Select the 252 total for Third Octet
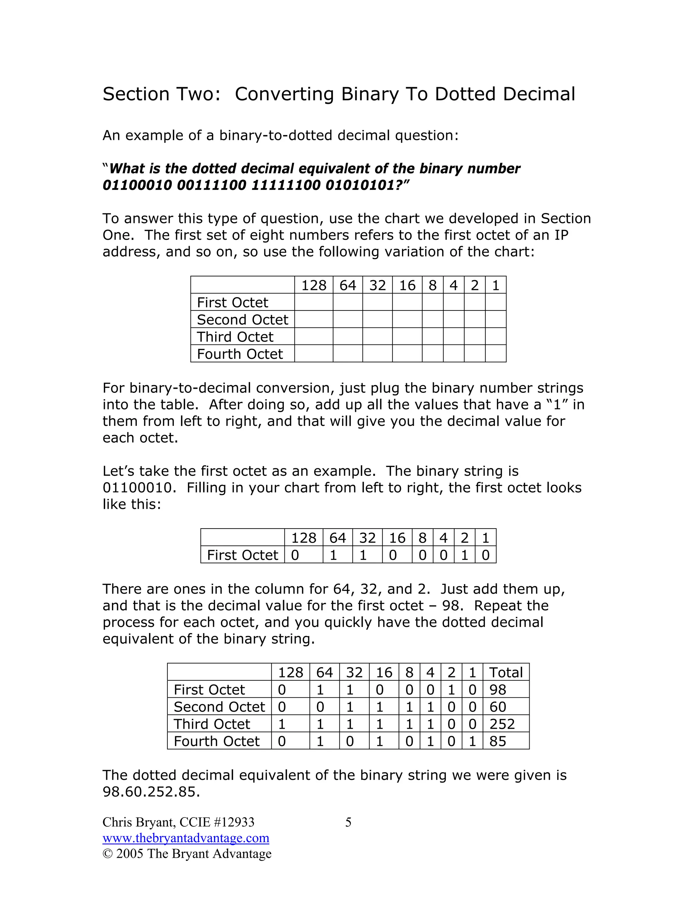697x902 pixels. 502,724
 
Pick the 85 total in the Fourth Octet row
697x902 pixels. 498,741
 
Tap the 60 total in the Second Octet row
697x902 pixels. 498,707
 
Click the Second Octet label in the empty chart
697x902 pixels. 242,320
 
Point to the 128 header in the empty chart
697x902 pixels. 313,285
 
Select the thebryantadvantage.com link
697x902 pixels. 186,838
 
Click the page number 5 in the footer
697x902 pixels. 348,822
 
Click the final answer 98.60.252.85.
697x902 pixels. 151,792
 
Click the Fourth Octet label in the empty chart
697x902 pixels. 240,354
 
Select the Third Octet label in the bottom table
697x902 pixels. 212,724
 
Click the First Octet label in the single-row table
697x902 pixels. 242,555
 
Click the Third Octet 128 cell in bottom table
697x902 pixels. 282,724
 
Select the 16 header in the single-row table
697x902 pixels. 397,538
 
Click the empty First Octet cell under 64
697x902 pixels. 348,302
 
